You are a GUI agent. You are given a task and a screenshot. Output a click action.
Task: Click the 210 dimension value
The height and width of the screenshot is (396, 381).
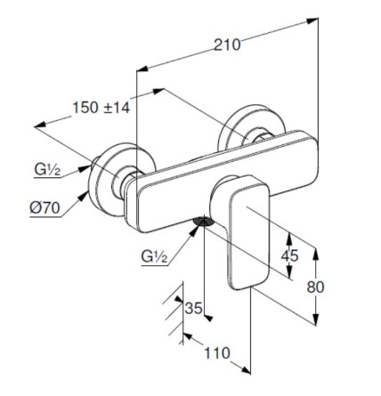click(227, 45)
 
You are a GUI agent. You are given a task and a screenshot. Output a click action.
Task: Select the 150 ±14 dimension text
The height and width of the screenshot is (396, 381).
click(101, 107)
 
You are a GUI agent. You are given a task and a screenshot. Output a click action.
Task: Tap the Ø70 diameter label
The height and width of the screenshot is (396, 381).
click(45, 208)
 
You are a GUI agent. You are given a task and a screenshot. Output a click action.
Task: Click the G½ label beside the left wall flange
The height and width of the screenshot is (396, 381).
click(47, 170)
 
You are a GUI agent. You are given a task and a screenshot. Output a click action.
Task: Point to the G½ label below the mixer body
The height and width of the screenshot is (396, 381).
click(154, 256)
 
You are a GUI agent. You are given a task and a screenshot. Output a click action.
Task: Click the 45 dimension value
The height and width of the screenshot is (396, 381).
click(289, 255)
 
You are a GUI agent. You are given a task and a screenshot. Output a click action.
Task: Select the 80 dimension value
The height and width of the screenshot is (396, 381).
click(315, 287)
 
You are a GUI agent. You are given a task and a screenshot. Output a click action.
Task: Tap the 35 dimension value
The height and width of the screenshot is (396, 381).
click(193, 308)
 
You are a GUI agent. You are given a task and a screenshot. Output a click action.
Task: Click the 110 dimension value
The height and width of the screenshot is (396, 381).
click(216, 353)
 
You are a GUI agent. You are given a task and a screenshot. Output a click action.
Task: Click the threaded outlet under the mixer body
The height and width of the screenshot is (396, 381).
click(203, 222)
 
